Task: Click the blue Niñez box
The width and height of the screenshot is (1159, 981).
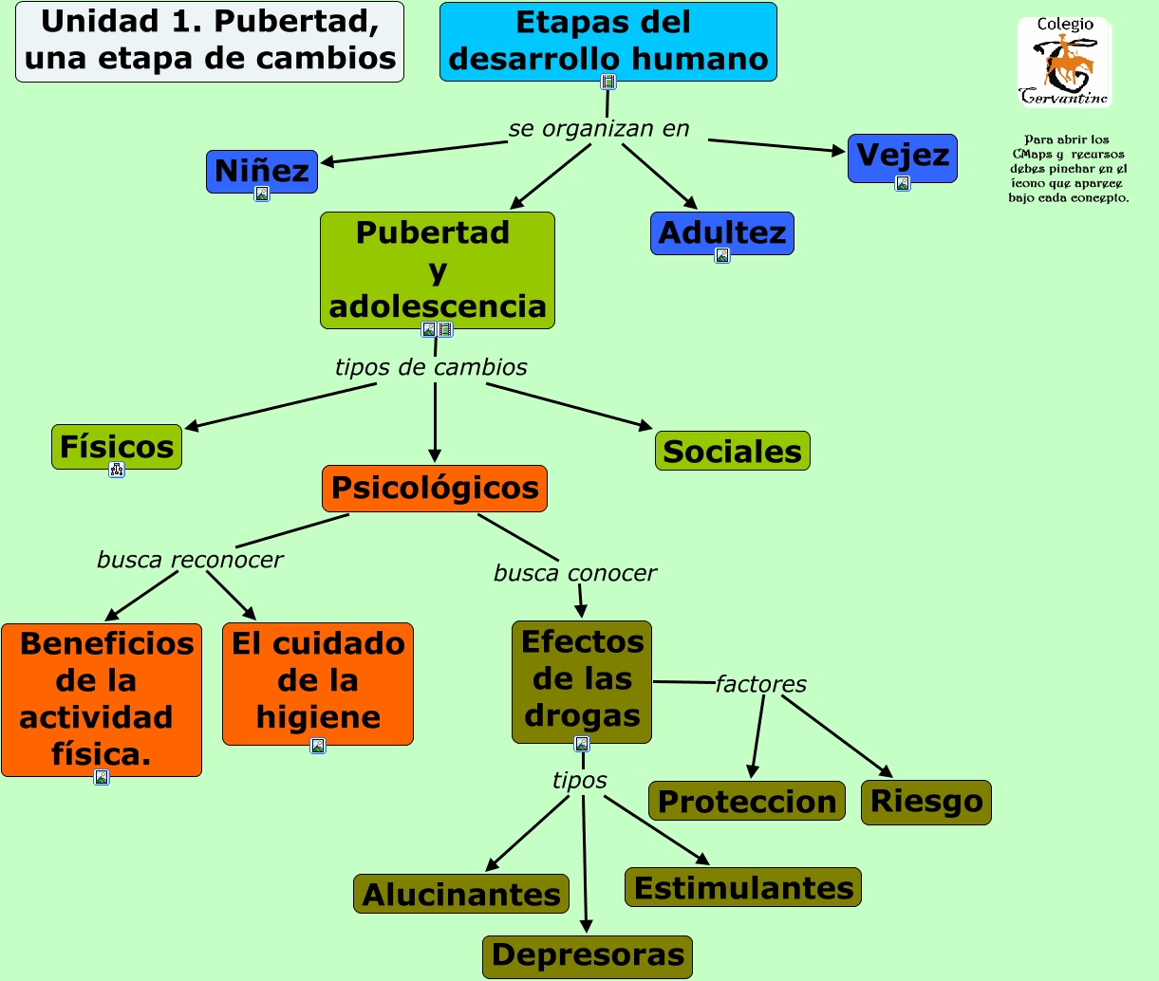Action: point(261,170)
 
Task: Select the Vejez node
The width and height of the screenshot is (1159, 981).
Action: point(902,156)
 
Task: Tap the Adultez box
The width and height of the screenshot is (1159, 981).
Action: point(721,232)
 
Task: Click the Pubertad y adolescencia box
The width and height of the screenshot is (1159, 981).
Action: point(437,269)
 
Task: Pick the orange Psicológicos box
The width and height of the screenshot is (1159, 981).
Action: point(434,489)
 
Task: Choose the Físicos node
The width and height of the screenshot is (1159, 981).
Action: point(117,446)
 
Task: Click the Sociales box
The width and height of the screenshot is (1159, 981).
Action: point(732,451)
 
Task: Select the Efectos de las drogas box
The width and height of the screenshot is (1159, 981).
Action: point(582,679)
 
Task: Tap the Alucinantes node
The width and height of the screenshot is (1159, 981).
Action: point(461,894)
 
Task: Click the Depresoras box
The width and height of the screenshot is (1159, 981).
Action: point(588,955)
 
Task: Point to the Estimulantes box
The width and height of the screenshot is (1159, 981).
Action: point(743,887)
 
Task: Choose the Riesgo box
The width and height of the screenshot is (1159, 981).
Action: point(926,802)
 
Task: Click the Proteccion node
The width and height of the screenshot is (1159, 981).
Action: point(747,801)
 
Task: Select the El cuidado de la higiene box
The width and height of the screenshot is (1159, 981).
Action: point(318,681)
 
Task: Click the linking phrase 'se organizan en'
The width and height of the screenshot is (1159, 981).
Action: point(599,128)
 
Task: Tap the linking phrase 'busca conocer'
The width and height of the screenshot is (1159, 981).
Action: point(574,573)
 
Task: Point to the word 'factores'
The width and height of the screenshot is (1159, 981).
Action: point(760,684)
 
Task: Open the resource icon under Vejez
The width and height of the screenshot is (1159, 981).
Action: point(903,183)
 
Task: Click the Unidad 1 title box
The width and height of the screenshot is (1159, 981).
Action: point(210,41)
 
